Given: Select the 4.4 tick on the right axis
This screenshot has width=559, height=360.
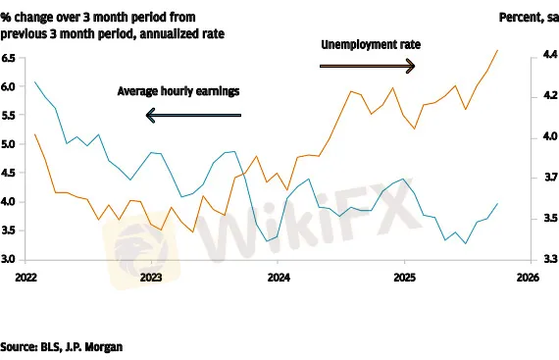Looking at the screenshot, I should click(539, 58).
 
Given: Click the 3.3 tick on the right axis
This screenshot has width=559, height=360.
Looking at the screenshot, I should click(539, 259).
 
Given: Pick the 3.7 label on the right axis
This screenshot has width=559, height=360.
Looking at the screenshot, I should click(539, 178).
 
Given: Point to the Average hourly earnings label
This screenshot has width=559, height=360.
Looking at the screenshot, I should click(178, 91).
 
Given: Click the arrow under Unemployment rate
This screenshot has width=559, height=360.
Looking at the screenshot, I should click(369, 66).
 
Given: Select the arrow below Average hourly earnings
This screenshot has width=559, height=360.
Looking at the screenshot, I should click(193, 116).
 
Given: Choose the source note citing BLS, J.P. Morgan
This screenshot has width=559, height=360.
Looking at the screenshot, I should click(62, 346).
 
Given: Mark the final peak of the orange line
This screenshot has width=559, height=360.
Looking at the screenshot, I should click(497, 50).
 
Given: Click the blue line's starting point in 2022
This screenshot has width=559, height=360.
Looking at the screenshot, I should click(34, 82).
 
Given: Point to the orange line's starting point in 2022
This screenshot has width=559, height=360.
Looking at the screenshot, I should click(34, 134).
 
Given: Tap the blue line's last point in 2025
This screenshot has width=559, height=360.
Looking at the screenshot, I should click(497, 203).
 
